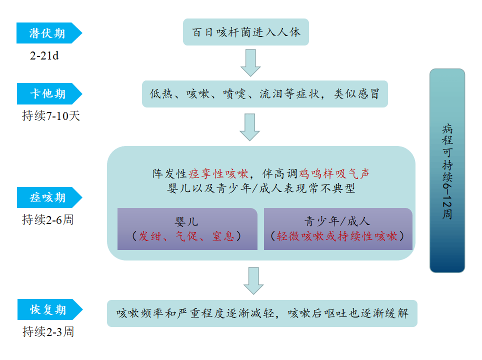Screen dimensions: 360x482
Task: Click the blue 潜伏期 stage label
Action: tap(48, 33)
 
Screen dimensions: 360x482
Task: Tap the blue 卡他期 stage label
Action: tap(48, 93)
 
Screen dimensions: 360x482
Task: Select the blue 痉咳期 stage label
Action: tap(48, 197)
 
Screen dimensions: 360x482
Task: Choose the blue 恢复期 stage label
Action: tap(48, 309)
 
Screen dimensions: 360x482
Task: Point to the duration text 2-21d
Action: tap(44, 55)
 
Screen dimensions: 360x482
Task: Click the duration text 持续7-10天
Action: tap(51, 116)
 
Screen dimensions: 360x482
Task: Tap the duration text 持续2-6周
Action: tap(47, 219)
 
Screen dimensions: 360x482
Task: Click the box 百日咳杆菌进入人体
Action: tap(246, 32)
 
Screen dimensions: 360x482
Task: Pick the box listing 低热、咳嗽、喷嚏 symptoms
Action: tap(264, 94)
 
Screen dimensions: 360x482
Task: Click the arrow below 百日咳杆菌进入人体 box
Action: tap(250, 62)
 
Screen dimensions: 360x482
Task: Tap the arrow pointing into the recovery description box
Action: tap(253, 280)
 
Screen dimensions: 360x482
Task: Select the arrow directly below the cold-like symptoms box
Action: tap(249, 127)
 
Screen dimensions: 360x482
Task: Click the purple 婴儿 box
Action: tap(187, 229)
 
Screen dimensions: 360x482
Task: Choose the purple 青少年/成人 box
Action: tap(338, 229)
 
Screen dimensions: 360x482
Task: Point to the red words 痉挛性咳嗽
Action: tap(218, 174)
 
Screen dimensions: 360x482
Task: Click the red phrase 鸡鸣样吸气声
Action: tap(334, 174)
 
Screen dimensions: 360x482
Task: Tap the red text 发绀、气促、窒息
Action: tap(187, 236)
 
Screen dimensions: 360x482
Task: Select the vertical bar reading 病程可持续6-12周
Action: tap(447, 170)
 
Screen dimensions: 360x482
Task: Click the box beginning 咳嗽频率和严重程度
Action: tap(262, 313)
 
